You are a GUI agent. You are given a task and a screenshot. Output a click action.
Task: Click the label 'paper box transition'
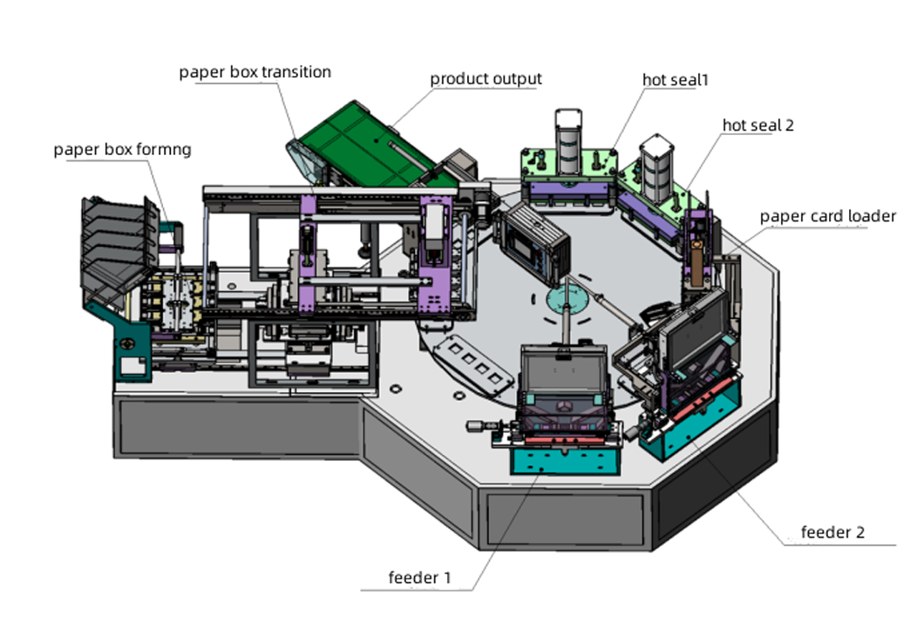click(255, 71)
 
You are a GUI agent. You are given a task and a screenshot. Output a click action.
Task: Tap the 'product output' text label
click(486, 78)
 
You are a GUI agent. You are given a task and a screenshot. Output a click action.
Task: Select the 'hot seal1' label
click(676, 79)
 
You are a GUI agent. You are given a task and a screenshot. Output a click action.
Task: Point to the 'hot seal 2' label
click(758, 125)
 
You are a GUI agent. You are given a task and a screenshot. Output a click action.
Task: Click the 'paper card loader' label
click(827, 216)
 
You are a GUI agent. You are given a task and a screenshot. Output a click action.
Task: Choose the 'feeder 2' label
click(832, 532)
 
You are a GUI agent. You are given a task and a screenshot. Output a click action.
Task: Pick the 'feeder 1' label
click(419, 577)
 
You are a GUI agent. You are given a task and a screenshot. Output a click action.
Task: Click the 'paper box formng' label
click(122, 149)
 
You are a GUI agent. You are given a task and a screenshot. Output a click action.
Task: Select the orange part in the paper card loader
click(696, 256)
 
